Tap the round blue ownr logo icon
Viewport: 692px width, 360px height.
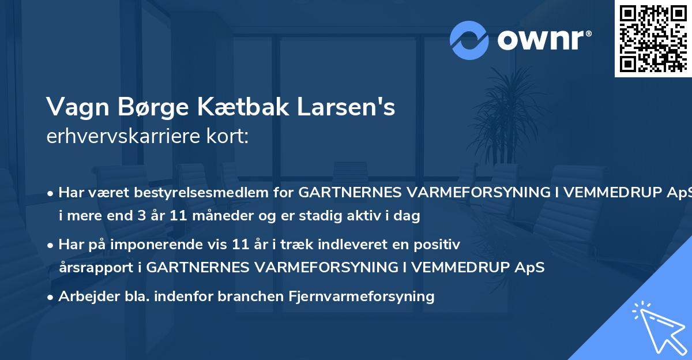pyautogui.click(x=469, y=40)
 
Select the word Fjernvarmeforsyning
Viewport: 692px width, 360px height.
pyautogui.click(x=360, y=297)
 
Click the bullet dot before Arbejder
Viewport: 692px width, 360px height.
pyautogui.click(x=51, y=297)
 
